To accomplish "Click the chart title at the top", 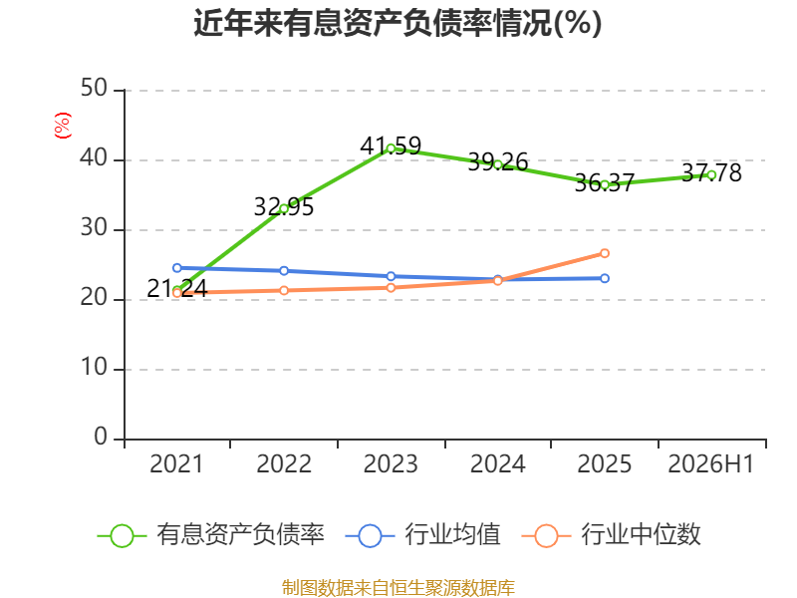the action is click(x=398, y=23).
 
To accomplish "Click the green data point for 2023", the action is click(x=391, y=149).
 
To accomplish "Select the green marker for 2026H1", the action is click(x=711, y=175).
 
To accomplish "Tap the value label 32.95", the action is click(x=284, y=207).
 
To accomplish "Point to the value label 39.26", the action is click(x=497, y=162).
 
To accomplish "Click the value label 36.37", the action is click(x=605, y=183).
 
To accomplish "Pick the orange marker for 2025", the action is click(x=605, y=253).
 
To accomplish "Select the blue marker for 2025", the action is click(x=605, y=278).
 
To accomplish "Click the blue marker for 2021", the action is click(x=177, y=267).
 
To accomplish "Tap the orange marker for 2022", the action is click(x=284, y=290).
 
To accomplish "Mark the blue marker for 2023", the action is click(x=391, y=276).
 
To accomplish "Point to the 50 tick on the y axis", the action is click(x=94, y=89).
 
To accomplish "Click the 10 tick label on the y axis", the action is click(x=94, y=368).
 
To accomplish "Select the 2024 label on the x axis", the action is click(x=497, y=463).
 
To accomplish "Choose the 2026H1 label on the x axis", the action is click(x=711, y=463).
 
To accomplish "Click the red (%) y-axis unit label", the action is click(x=63, y=126).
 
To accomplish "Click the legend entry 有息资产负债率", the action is click(x=211, y=535).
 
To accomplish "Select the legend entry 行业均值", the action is click(x=422, y=535).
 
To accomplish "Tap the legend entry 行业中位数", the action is click(x=612, y=535).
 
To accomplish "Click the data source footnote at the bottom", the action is click(x=398, y=588).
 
